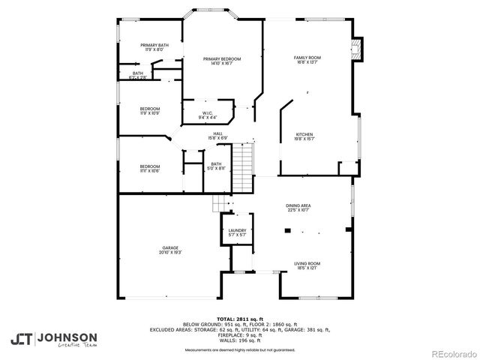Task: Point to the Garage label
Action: [x=170, y=247]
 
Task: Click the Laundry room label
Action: [x=237, y=231]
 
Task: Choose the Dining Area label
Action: [x=298, y=205]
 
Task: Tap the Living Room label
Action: [x=307, y=263]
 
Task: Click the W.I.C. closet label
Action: [x=208, y=113]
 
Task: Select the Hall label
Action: [x=217, y=133]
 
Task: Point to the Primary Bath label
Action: [x=154, y=45]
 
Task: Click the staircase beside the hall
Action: [x=241, y=169]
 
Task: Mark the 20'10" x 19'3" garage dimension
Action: [x=170, y=252]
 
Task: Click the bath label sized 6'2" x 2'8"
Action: [x=138, y=73]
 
